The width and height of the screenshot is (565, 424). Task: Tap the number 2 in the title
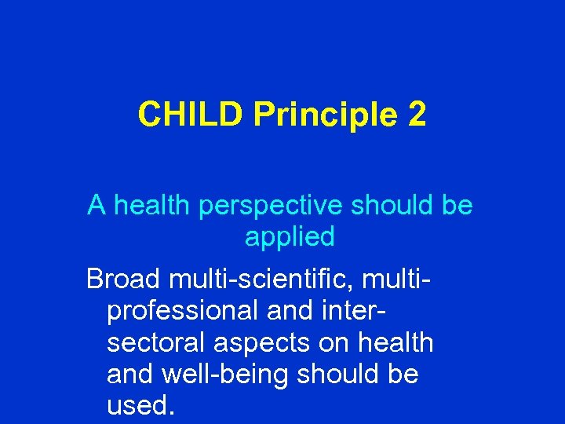coord(417,115)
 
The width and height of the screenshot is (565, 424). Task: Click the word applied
coord(290,236)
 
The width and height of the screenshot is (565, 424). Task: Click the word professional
coord(182,311)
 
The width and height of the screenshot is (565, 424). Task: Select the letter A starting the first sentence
coord(97,206)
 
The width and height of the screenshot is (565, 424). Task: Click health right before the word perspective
coord(153,206)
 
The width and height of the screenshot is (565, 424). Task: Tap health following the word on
coord(394,343)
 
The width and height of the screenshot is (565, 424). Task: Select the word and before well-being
coord(129,375)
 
